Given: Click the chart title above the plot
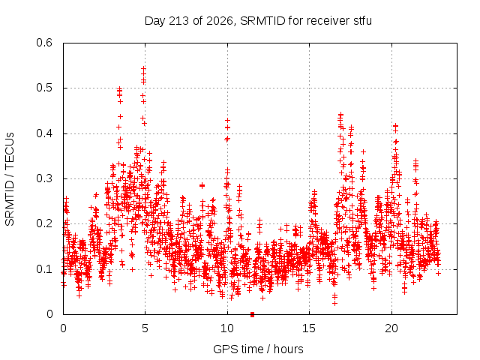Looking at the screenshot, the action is pos(258,21).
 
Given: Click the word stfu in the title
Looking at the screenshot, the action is pos(363,21).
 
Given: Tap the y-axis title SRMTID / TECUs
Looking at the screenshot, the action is pos(10,179).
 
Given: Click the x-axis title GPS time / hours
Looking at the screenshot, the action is pos(258,349).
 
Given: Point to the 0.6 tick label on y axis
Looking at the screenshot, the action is pos(44,43).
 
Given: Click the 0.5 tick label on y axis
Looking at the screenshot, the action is pos(44,88).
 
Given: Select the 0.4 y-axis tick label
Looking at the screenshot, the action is pos(44,133).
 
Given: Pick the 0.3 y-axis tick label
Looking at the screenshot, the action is pos(44,178).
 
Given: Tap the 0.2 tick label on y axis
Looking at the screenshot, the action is pos(44,223).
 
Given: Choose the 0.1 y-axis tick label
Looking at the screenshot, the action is pos(44,269).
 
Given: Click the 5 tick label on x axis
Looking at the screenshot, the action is pos(145,328).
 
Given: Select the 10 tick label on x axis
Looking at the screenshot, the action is pos(227,328).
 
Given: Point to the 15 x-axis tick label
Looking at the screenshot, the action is pos(309,328).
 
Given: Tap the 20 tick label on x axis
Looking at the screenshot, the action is pos(391,328).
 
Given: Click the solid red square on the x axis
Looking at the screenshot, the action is pos(252,314).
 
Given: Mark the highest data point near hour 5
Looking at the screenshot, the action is pos(143,69).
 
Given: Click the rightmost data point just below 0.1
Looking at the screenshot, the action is pos(438,273).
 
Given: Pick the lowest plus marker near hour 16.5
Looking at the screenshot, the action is pos(334,303).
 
